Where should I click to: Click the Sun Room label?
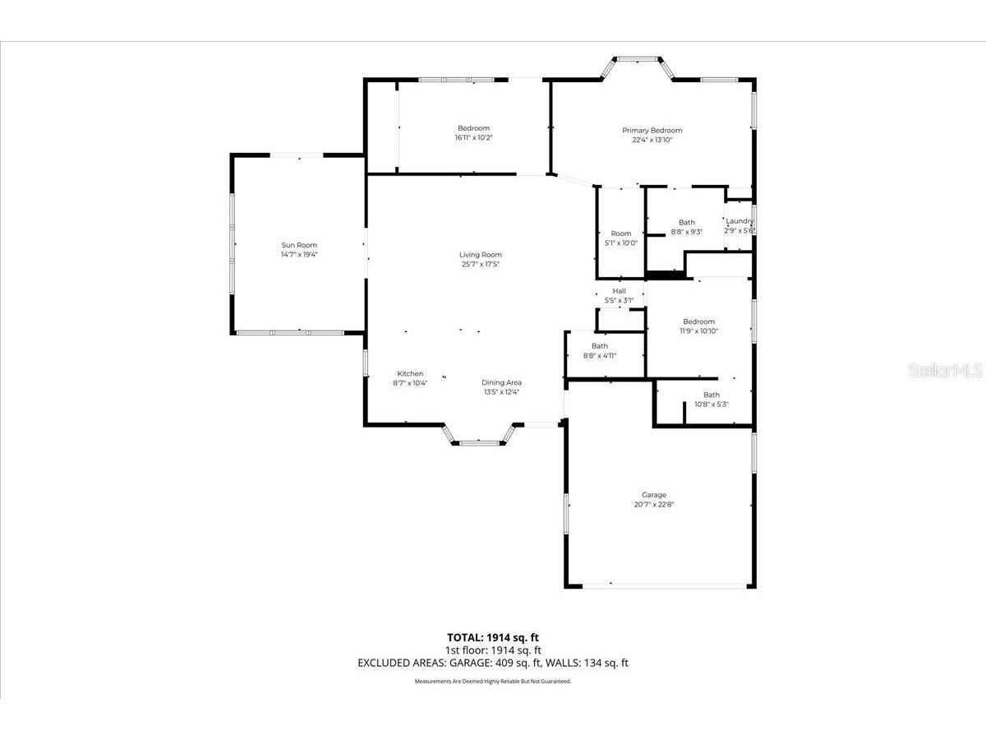pos(299,245)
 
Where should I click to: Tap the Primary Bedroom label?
pos(652,130)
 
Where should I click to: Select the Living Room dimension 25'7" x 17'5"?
pos(481,264)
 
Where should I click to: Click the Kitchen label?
pos(410,373)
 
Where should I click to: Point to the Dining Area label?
pos(501,382)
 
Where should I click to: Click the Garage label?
pos(654,495)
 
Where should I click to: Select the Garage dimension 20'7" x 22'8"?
pos(654,505)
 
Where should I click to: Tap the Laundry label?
pos(739,221)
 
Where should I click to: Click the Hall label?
pos(619,291)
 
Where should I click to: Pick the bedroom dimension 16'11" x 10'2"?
pos(473,137)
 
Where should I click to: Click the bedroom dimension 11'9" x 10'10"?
pos(698,331)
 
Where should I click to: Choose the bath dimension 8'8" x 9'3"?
pos(686,232)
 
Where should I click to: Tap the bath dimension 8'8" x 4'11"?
pos(599,355)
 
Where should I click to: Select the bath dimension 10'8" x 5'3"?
pos(711,404)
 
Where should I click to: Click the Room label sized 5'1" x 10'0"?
pos(620,234)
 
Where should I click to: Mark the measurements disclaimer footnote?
pos(493,682)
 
